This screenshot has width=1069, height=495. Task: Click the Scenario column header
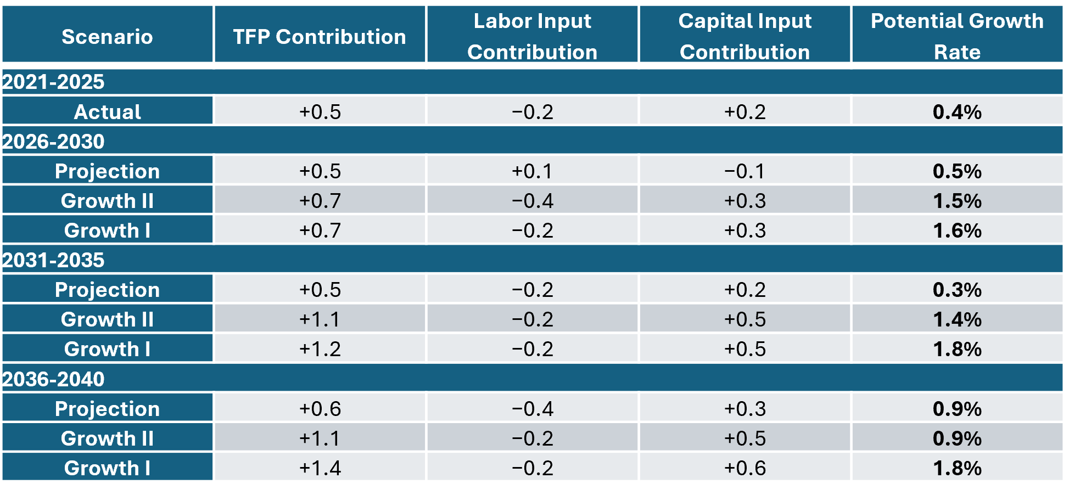(x=107, y=37)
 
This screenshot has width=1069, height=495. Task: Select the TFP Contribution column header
(x=320, y=37)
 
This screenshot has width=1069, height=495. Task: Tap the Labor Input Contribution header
(x=532, y=36)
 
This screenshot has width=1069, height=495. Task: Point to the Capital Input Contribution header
(x=745, y=36)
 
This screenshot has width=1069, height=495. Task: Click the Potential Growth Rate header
(x=957, y=36)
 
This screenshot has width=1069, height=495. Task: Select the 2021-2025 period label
(x=53, y=82)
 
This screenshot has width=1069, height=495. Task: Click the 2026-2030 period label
(x=53, y=142)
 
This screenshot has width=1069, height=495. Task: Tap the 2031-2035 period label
(x=53, y=260)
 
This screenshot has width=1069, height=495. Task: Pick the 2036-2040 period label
(x=53, y=379)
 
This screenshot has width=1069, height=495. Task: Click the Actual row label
(x=107, y=112)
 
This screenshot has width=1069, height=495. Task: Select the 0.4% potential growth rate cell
(x=957, y=112)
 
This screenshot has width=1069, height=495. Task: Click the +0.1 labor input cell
(x=532, y=171)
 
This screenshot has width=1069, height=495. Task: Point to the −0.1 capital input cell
(x=745, y=171)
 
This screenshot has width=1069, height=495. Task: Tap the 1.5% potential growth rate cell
(x=957, y=201)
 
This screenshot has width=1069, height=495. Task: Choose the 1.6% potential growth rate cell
(x=957, y=230)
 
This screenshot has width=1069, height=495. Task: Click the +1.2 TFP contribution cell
(x=320, y=349)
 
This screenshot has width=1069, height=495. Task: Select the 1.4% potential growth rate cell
(x=957, y=319)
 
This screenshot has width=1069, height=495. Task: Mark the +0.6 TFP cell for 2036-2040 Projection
(x=320, y=409)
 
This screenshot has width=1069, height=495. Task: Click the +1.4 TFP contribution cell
(x=320, y=468)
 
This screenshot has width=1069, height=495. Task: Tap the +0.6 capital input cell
(x=745, y=468)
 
